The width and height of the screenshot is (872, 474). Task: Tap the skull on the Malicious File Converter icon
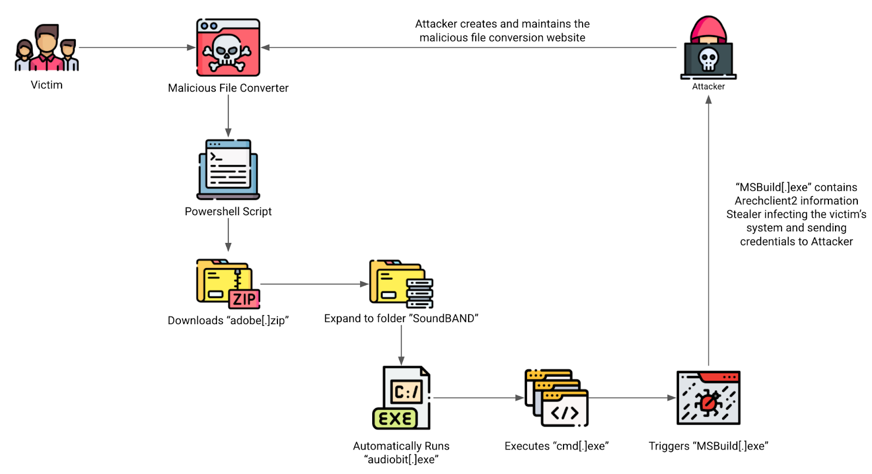[x=227, y=52]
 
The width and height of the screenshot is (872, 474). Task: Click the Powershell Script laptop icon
[x=228, y=169]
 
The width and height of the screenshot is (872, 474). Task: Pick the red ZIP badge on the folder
[x=244, y=299]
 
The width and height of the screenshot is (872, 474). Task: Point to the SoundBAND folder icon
[x=401, y=284]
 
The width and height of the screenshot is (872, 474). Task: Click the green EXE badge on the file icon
[x=395, y=418]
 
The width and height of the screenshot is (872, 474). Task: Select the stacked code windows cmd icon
[x=556, y=398]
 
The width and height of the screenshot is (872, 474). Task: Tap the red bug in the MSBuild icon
[x=708, y=403]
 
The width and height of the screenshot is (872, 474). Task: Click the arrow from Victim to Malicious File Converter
[x=136, y=47]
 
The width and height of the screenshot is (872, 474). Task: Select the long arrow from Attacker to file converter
[x=469, y=47]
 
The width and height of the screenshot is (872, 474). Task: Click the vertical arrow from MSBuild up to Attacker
[x=708, y=229]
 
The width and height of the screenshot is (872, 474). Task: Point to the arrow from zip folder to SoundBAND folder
[x=314, y=284]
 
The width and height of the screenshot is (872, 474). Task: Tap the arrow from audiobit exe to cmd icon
[x=477, y=398]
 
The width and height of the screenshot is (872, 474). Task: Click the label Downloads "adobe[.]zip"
[x=228, y=320]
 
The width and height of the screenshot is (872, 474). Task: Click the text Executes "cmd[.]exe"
[x=556, y=446]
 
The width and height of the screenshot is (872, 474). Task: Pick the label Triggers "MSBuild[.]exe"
[x=708, y=446]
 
